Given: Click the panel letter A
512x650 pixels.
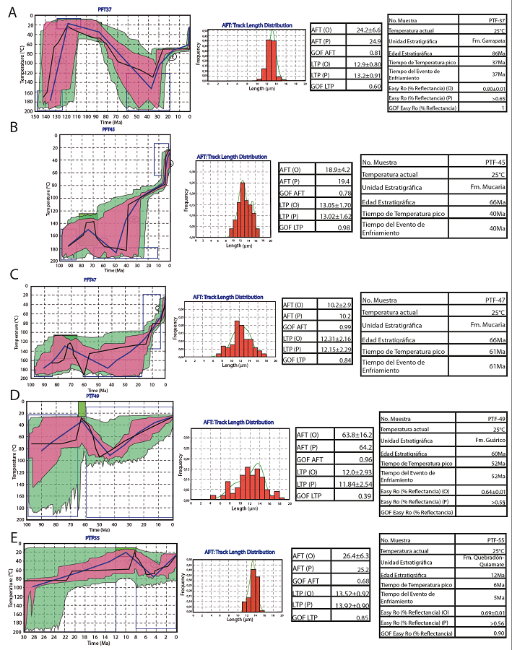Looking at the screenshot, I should (x=12, y=12).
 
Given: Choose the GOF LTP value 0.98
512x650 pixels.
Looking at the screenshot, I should (x=331, y=228).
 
